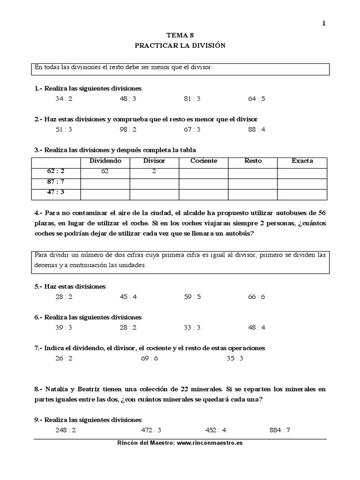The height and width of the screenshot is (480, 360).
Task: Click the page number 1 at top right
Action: click(x=323, y=24)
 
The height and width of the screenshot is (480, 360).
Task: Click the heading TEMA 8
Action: click(x=180, y=35)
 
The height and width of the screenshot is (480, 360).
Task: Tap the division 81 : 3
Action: click(x=192, y=98)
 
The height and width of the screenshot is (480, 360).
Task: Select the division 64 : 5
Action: click(x=257, y=98)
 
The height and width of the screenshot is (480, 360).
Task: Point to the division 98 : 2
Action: click(x=128, y=129)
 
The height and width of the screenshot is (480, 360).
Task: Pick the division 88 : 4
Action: click(x=257, y=129)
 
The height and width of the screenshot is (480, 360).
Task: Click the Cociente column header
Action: click(x=203, y=161)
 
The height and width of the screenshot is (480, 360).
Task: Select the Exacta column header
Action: click(x=302, y=161)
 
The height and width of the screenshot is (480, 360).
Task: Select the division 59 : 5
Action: click(x=192, y=296)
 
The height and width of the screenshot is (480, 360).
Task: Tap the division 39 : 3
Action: click(x=64, y=327)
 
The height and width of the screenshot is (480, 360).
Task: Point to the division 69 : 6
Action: click(x=149, y=358)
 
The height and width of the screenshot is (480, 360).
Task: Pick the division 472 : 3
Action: click(x=151, y=430)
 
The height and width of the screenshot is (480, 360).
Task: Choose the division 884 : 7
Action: click(x=280, y=430)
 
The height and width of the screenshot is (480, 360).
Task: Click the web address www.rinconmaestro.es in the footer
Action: click(x=210, y=443)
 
